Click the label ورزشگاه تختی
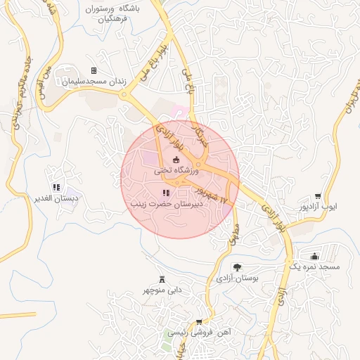177,170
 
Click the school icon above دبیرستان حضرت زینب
166,193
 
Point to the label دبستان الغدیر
56,198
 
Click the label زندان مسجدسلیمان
94,82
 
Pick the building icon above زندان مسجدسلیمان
94,70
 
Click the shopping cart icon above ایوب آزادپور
318,196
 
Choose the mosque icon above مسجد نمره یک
314,256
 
